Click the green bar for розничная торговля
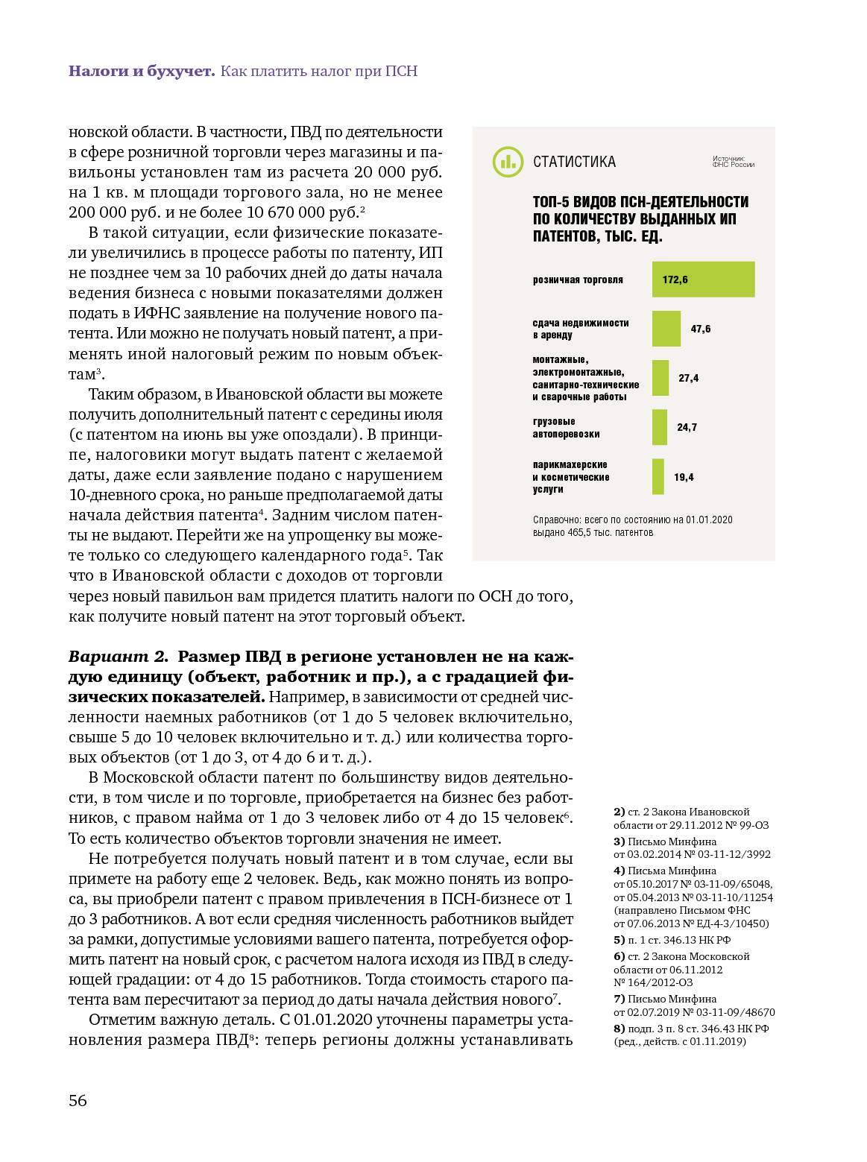703,280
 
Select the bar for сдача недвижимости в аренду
666,329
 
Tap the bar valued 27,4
660,378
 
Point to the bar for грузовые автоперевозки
659,427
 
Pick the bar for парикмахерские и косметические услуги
658,477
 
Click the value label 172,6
675,280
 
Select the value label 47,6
700,329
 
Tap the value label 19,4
684,478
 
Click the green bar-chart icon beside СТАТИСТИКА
508,162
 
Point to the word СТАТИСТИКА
574,162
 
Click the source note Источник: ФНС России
733,162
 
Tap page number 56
78,1101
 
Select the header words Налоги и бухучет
142,72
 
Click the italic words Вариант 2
119,657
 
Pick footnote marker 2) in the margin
619,812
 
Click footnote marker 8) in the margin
619,1029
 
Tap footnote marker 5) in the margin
619,940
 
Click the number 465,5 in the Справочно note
578,533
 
